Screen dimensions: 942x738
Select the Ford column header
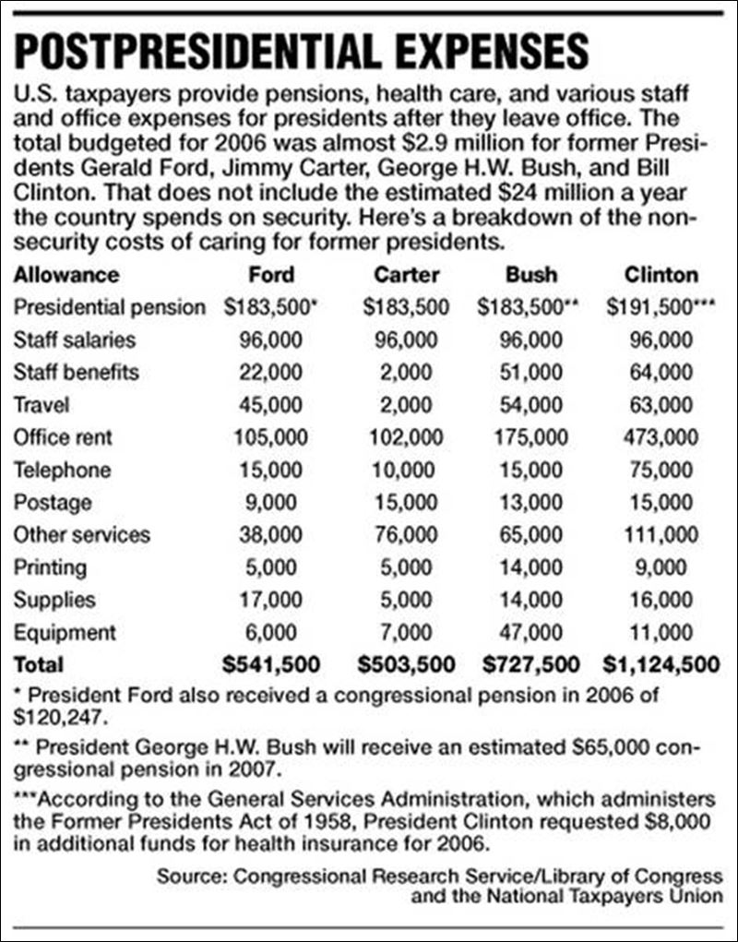tap(272, 274)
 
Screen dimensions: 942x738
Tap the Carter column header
tap(407, 274)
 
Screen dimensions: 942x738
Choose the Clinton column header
tap(660, 274)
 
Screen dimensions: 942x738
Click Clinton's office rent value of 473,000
tap(660, 436)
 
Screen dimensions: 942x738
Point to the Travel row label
tap(42, 404)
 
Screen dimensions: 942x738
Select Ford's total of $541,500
tap(271, 664)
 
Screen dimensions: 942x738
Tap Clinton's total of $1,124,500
tap(660, 664)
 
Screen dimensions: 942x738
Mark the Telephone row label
tap(62, 470)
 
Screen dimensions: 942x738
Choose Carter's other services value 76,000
tap(407, 534)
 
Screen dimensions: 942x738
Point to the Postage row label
tap(53, 502)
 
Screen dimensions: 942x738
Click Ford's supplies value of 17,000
tap(272, 600)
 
